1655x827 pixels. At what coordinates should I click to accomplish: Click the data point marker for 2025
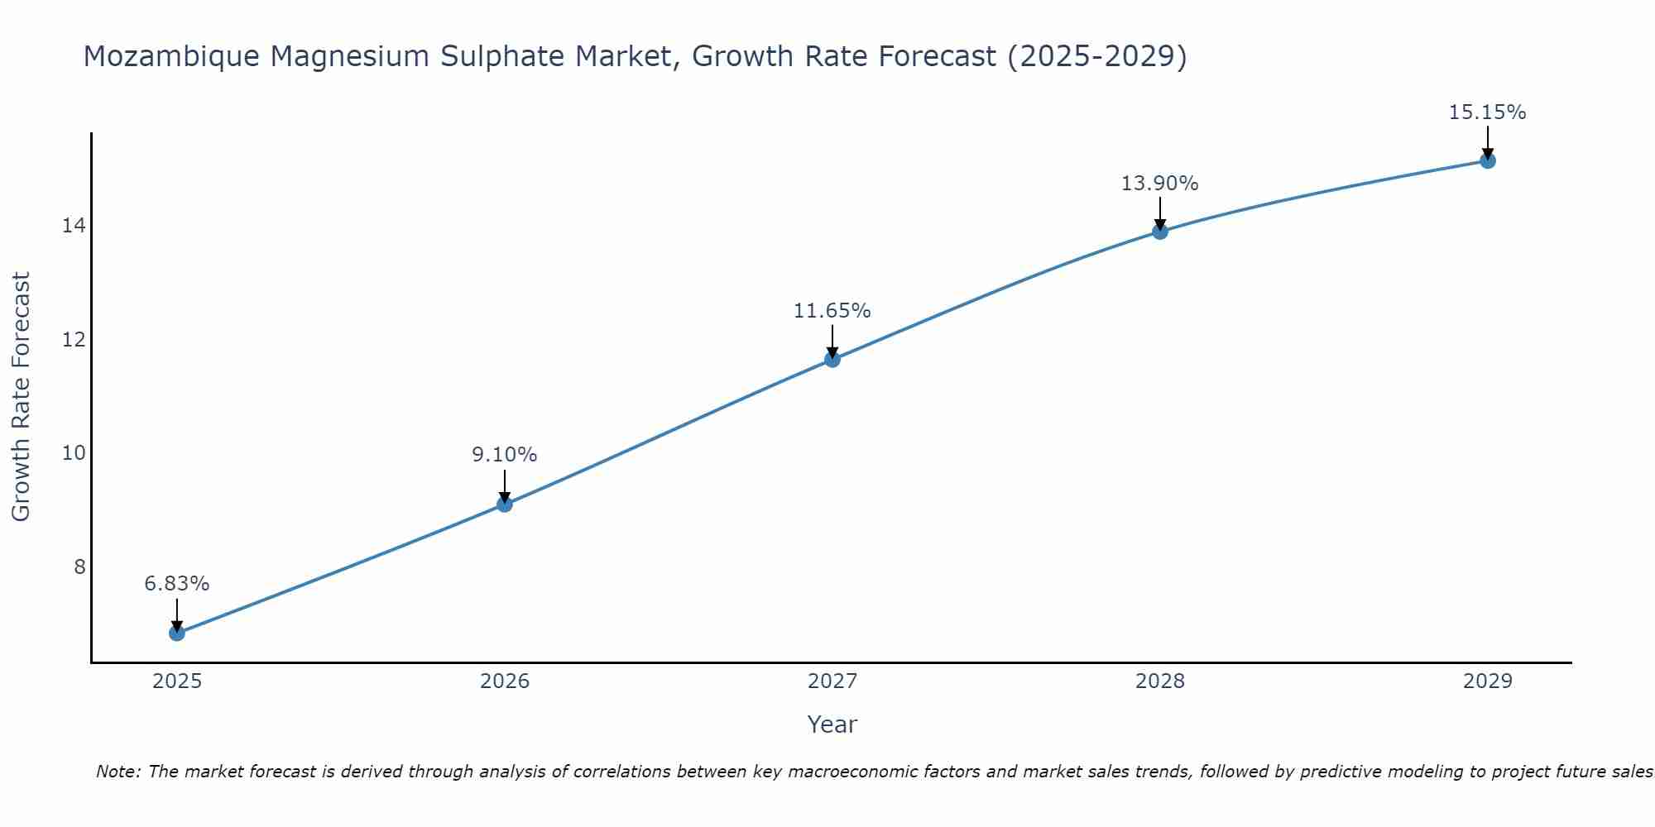[x=177, y=633]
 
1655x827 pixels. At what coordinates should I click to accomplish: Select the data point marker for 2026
[x=505, y=504]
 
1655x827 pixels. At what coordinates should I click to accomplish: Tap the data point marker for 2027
[x=832, y=359]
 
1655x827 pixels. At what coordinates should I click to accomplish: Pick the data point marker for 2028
[x=1160, y=232]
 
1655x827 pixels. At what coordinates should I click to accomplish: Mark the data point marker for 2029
[x=1488, y=160]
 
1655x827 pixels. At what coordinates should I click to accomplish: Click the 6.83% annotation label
[x=177, y=584]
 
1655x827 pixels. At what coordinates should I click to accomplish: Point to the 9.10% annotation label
[x=505, y=455]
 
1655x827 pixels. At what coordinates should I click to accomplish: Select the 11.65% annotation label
[x=832, y=311]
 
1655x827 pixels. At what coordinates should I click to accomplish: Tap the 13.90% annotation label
[x=1160, y=184]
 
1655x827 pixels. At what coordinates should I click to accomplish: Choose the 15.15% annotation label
[x=1488, y=112]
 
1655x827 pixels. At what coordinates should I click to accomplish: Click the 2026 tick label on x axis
[x=505, y=681]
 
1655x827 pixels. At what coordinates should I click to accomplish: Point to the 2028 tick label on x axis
[x=1160, y=681]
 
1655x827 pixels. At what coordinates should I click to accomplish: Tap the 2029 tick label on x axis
[x=1488, y=681]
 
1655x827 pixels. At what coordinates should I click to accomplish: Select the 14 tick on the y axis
[x=74, y=226]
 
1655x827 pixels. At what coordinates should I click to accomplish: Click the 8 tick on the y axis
[x=79, y=566]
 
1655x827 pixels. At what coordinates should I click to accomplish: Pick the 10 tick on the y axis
[x=74, y=453]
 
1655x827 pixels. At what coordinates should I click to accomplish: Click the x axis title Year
[x=832, y=724]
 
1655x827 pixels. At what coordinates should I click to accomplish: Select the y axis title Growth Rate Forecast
[x=22, y=397]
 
